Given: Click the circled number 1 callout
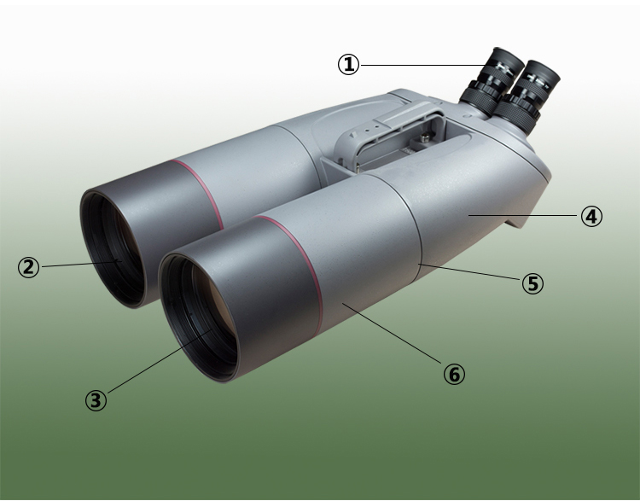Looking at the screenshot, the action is pyautogui.click(x=348, y=64).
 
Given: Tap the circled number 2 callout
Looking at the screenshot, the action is pyautogui.click(x=30, y=267).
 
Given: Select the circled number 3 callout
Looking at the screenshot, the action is pyautogui.click(x=96, y=399).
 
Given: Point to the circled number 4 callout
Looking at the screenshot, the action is pyautogui.click(x=591, y=217).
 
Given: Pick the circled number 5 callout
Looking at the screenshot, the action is pyautogui.click(x=532, y=283).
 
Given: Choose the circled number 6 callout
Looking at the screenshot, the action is pyautogui.click(x=454, y=373).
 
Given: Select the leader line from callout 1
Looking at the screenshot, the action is pyautogui.click(x=418, y=64).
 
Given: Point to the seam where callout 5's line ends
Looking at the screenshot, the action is pyautogui.click(x=420, y=267).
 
